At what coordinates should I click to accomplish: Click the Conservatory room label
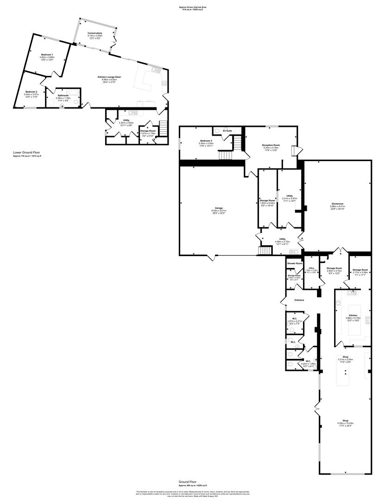(x=95, y=33)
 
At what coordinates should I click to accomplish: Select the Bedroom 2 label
(x=32, y=92)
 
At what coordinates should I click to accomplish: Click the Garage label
(x=213, y=208)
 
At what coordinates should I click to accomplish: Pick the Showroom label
(x=337, y=204)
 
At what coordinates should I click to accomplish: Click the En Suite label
(x=227, y=131)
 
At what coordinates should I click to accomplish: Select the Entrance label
(x=299, y=300)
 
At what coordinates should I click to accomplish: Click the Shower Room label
(x=294, y=263)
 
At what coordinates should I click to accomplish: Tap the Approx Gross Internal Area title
(x=192, y=6)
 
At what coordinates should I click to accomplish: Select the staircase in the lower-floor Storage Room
(x=163, y=125)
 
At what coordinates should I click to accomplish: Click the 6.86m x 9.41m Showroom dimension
(x=337, y=207)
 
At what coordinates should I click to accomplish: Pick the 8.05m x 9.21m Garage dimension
(x=213, y=211)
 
